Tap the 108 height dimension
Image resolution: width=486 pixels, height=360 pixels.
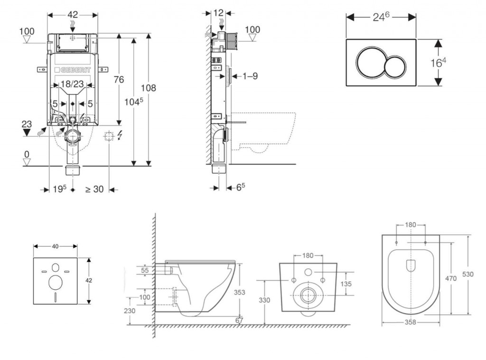click(148, 88)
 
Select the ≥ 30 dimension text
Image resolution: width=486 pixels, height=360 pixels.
click(94, 189)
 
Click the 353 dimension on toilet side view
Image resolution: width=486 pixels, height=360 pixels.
click(240, 293)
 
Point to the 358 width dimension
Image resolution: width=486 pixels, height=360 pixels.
click(411, 322)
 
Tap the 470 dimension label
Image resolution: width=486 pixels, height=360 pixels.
click(451, 278)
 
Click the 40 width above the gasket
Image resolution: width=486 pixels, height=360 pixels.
click(55, 246)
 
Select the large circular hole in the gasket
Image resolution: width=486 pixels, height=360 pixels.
click(55, 283)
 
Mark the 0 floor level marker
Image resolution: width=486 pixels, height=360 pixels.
click(27, 154)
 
